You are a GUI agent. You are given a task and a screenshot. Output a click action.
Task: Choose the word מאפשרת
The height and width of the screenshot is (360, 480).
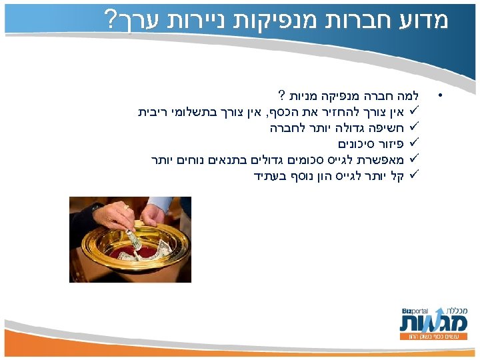381,159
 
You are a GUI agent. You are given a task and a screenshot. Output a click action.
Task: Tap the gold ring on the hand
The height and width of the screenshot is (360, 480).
127,207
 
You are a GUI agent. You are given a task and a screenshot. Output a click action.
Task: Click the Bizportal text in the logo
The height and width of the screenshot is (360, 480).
415,311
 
